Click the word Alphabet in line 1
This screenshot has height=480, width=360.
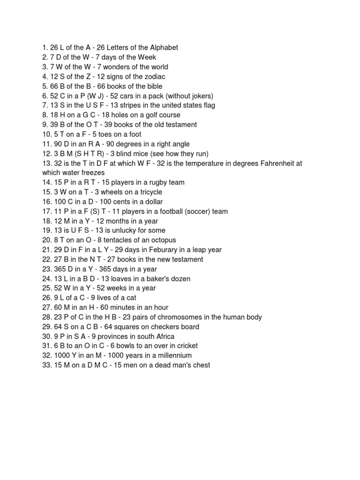click(164, 47)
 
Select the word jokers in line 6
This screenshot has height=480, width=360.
click(201, 96)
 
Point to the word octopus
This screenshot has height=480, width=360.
click(163, 240)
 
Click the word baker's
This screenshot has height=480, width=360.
click(158, 279)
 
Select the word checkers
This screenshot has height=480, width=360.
click(159, 327)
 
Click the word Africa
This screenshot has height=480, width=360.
click(164, 337)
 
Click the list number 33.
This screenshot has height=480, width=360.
click(46, 365)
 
